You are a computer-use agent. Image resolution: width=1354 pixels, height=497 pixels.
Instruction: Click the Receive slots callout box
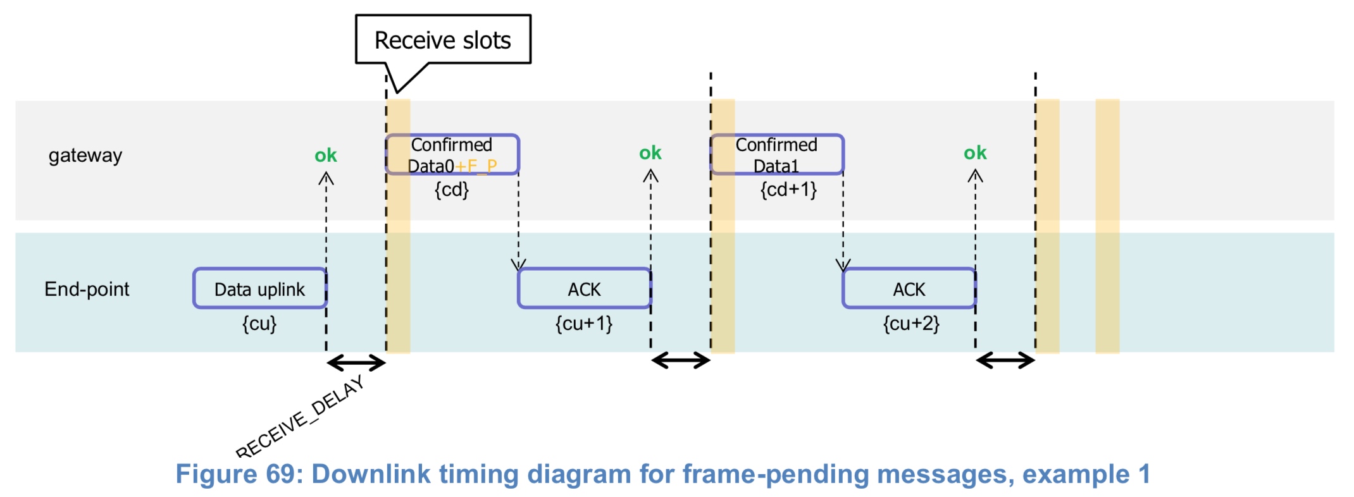(443, 40)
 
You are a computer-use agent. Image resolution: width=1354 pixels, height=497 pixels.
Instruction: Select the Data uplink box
(259, 289)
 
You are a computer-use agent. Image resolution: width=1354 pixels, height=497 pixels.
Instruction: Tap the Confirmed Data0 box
(452, 154)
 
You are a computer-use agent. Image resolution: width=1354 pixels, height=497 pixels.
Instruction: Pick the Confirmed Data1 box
(776, 154)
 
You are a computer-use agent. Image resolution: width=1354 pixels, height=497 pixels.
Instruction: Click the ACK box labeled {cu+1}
(584, 289)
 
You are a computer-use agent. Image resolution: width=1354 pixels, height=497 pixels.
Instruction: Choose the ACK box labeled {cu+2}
(909, 289)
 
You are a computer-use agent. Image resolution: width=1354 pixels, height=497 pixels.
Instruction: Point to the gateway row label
(85, 155)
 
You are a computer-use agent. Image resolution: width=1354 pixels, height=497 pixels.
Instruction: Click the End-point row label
(87, 289)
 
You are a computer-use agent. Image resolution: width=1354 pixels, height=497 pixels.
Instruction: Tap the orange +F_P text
(476, 166)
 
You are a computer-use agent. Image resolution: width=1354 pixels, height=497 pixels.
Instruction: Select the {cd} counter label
(452, 190)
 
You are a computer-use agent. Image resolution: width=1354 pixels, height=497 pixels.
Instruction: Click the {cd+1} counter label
(788, 190)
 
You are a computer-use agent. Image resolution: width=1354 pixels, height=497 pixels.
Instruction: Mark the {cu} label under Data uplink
(259, 324)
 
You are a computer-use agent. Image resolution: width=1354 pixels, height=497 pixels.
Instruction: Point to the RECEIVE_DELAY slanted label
(300, 417)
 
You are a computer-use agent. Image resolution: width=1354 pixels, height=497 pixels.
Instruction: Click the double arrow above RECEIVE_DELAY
(356, 363)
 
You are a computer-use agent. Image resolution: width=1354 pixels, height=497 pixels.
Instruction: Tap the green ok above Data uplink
(326, 155)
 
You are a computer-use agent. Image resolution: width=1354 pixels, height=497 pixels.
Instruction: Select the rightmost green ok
(975, 152)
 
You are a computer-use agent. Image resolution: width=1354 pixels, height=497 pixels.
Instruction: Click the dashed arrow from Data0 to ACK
(518, 221)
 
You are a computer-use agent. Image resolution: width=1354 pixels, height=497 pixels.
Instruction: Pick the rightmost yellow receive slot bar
(1107, 226)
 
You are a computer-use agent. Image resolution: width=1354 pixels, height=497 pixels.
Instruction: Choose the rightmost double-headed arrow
(1005, 361)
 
